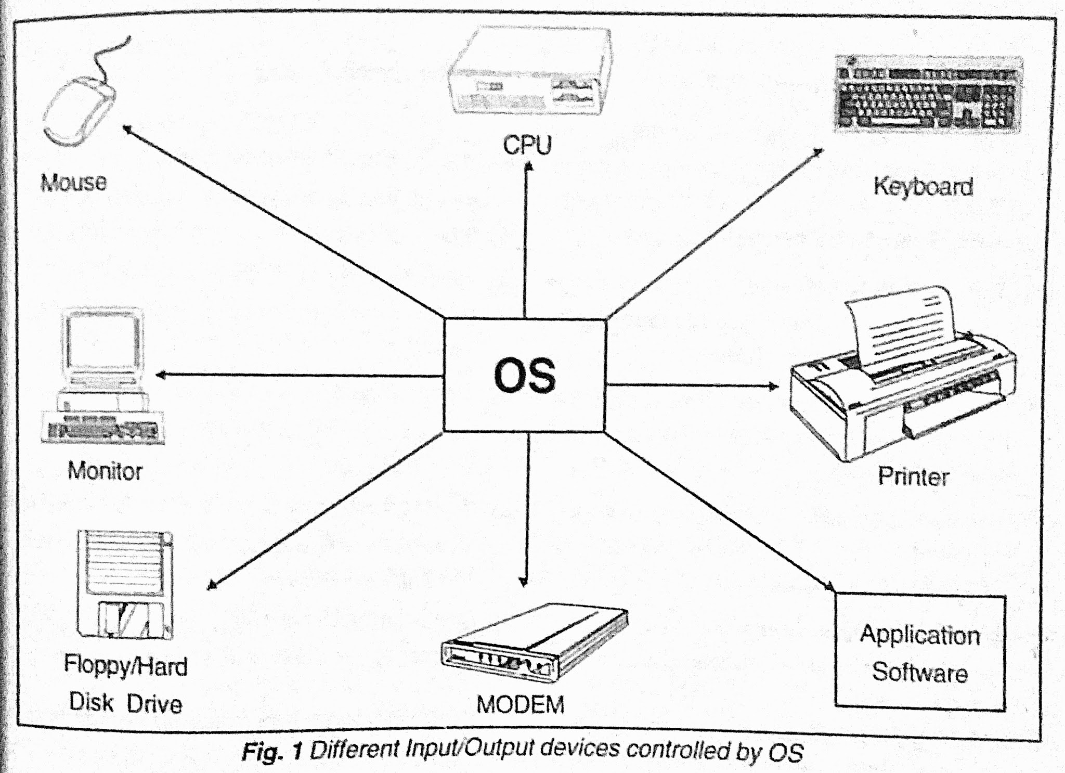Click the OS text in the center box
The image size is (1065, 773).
click(524, 376)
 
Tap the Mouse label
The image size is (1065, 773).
click(73, 183)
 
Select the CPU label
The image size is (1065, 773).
click(527, 145)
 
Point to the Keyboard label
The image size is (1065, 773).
click(923, 186)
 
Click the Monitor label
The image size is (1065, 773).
click(105, 471)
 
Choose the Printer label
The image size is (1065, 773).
click(913, 476)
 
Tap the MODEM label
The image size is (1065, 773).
click(521, 705)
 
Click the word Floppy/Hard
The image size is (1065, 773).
click(125, 666)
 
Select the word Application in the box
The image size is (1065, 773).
click(919, 635)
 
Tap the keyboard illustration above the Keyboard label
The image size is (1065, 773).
click(926, 95)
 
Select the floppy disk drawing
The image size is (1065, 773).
click(125, 584)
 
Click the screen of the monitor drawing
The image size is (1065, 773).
click(102, 340)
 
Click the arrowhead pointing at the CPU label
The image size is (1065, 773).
click(528, 166)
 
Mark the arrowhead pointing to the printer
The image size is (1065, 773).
click(775, 386)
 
